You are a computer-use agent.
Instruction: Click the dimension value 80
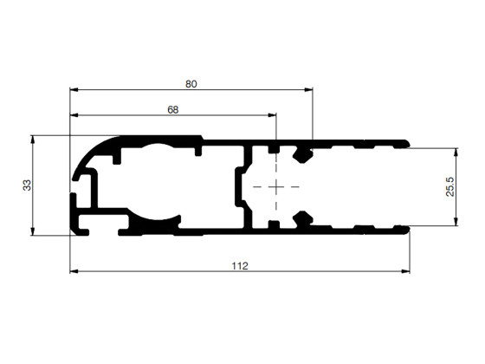coord(191,84)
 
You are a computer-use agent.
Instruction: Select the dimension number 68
coord(173,110)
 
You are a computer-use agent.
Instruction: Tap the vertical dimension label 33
coord(27,185)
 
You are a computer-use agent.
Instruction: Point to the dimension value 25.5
coord(449,186)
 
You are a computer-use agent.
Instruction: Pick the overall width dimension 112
coord(240,266)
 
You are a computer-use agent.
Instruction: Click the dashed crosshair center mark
coord(276,186)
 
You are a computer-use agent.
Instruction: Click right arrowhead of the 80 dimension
coord(308,89)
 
